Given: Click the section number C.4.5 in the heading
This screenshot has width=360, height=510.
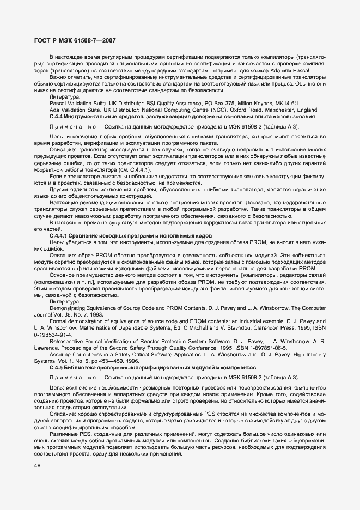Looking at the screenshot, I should pyautogui.click(x=58, y=369).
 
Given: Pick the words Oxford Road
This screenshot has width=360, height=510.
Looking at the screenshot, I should pyautogui.click(x=229, y=110).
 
